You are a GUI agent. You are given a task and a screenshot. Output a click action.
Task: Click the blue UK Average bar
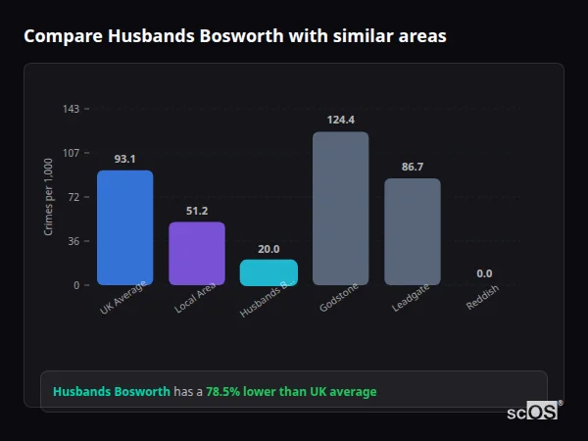click(124, 227)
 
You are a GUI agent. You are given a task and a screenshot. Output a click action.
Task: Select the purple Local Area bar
click(197, 253)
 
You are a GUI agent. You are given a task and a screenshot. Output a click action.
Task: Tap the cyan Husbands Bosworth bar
click(269, 271)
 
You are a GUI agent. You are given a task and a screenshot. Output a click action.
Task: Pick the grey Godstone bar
click(340, 208)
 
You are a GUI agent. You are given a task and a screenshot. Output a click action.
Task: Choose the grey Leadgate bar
click(412, 231)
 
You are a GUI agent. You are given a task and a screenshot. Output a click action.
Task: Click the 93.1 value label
click(124, 159)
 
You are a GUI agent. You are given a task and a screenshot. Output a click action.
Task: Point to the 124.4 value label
click(340, 120)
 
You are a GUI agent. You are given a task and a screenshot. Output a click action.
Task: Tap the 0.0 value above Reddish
click(484, 273)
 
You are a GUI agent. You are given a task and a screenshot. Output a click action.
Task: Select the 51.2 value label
click(197, 211)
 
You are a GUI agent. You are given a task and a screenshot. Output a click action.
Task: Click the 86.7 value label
click(412, 167)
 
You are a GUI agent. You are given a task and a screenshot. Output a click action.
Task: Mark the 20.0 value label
click(269, 249)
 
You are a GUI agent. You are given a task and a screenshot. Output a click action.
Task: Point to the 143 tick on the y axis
click(71, 109)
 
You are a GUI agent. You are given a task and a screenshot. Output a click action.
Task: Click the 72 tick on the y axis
click(73, 197)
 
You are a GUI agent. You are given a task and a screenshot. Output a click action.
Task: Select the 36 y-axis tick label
click(73, 241)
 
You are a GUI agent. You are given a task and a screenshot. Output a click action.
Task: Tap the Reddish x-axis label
click(482, 300)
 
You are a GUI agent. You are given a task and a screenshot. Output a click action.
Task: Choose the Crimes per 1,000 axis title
click(49, 197)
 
